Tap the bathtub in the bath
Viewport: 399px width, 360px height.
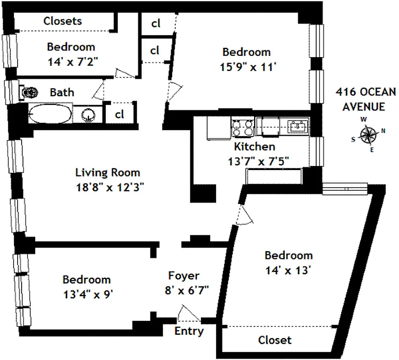click(x=50, y=114)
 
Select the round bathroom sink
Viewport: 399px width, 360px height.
click(x=88, y=115)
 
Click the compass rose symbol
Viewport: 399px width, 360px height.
click(x=368, y=134)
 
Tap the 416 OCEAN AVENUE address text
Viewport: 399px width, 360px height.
click(x=366, y=99)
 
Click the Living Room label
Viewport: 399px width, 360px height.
click(x=107, y=172)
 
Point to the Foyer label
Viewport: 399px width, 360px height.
click(x=183, y=275)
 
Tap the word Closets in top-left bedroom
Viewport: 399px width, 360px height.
click(x=63, y=21)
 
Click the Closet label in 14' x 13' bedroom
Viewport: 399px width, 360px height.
click(x=275, y=340)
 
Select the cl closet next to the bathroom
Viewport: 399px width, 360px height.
click(x=119, y=114)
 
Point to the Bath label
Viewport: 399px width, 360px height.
click(x=62, y=93)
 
